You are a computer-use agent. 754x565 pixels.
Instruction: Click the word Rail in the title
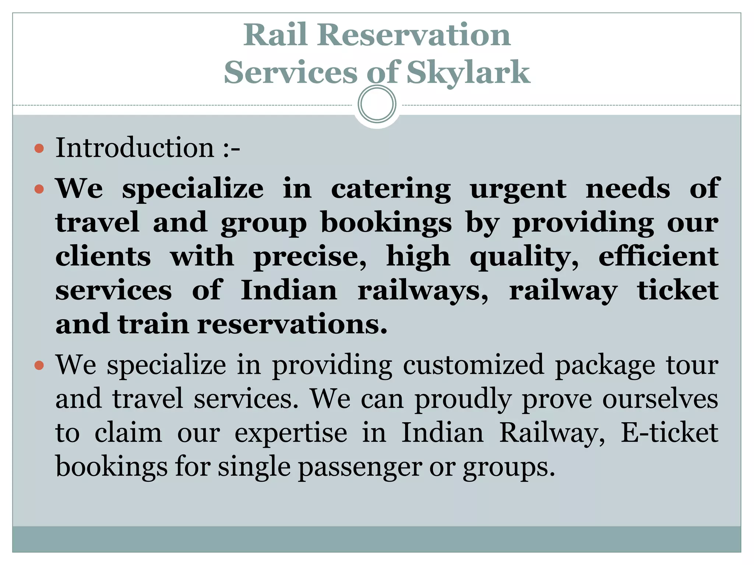(x=275, y=35)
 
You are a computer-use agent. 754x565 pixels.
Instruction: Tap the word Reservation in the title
(x=414, y=35)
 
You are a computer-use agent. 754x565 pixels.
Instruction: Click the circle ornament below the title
(x=377, y=104)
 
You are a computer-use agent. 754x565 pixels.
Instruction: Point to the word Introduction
(x=135, y=148)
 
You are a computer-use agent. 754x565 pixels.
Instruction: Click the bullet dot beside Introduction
(x=39, y=149)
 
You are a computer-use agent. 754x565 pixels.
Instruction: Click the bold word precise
(x=310, y=257)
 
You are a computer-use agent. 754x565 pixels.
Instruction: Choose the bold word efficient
(x=658, y=256)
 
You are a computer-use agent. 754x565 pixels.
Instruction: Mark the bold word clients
(x=103, y=256)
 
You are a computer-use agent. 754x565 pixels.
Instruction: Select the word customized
(x=473, y=365)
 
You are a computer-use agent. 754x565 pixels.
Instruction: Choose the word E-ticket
(x=669, y=433)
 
